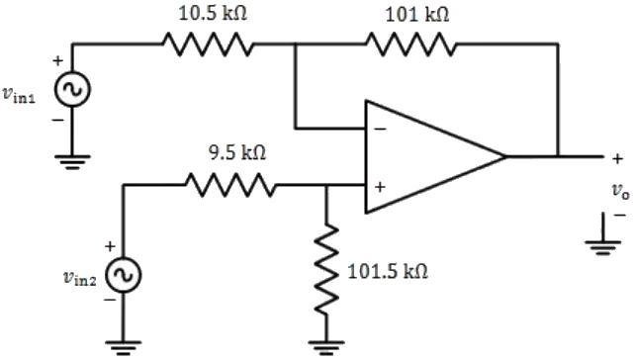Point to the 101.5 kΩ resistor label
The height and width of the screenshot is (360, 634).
tap(388, 271)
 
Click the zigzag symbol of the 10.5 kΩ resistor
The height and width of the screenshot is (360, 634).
tap(208, 45)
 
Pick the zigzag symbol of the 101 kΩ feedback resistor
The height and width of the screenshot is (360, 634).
tap(410, 45)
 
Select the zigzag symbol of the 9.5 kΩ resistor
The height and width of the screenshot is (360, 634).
tap(229, 184)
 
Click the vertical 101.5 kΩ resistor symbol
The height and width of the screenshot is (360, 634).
tap(326, 267)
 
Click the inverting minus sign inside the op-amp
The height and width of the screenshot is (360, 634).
tap(381, 129)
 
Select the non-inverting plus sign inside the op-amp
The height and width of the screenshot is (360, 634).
tap(380, 185)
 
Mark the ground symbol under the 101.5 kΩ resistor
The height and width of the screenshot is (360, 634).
tap(326, 345)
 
